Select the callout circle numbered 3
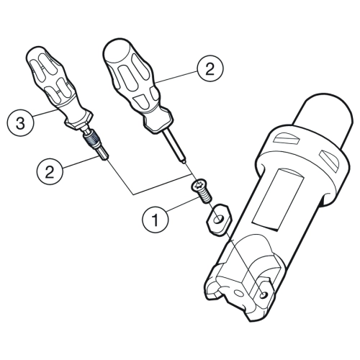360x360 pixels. [x=20, y=123]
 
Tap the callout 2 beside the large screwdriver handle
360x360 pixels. [x=210, y=69]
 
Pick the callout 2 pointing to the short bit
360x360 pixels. [x=50, y=172]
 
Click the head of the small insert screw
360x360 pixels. [x=198, y=186]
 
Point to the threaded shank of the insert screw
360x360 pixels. [x=206, y=197]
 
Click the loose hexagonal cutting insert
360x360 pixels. [x=219, y=220]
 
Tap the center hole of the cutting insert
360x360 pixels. [x=219, y=219]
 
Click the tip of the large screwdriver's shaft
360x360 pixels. [x=184, y=162]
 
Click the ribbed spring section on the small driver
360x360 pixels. [x=92, y=140]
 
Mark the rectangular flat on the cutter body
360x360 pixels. [x=278, y=200]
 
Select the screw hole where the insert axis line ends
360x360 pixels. [x=264, y=295]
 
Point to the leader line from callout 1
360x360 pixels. [x=184, y=204]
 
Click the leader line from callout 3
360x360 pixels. [x=45, y=113]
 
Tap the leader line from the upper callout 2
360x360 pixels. [x=176, y=77]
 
